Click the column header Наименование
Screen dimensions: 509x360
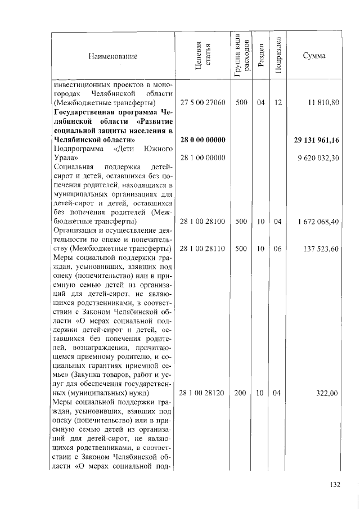pos(112,56)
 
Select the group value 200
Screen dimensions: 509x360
pos(241,394)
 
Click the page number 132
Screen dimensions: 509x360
pos(335,484)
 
